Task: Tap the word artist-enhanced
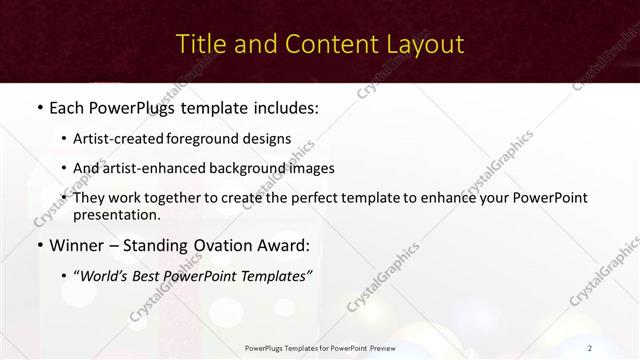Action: (163, 168)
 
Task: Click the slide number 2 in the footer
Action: (589, 348)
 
